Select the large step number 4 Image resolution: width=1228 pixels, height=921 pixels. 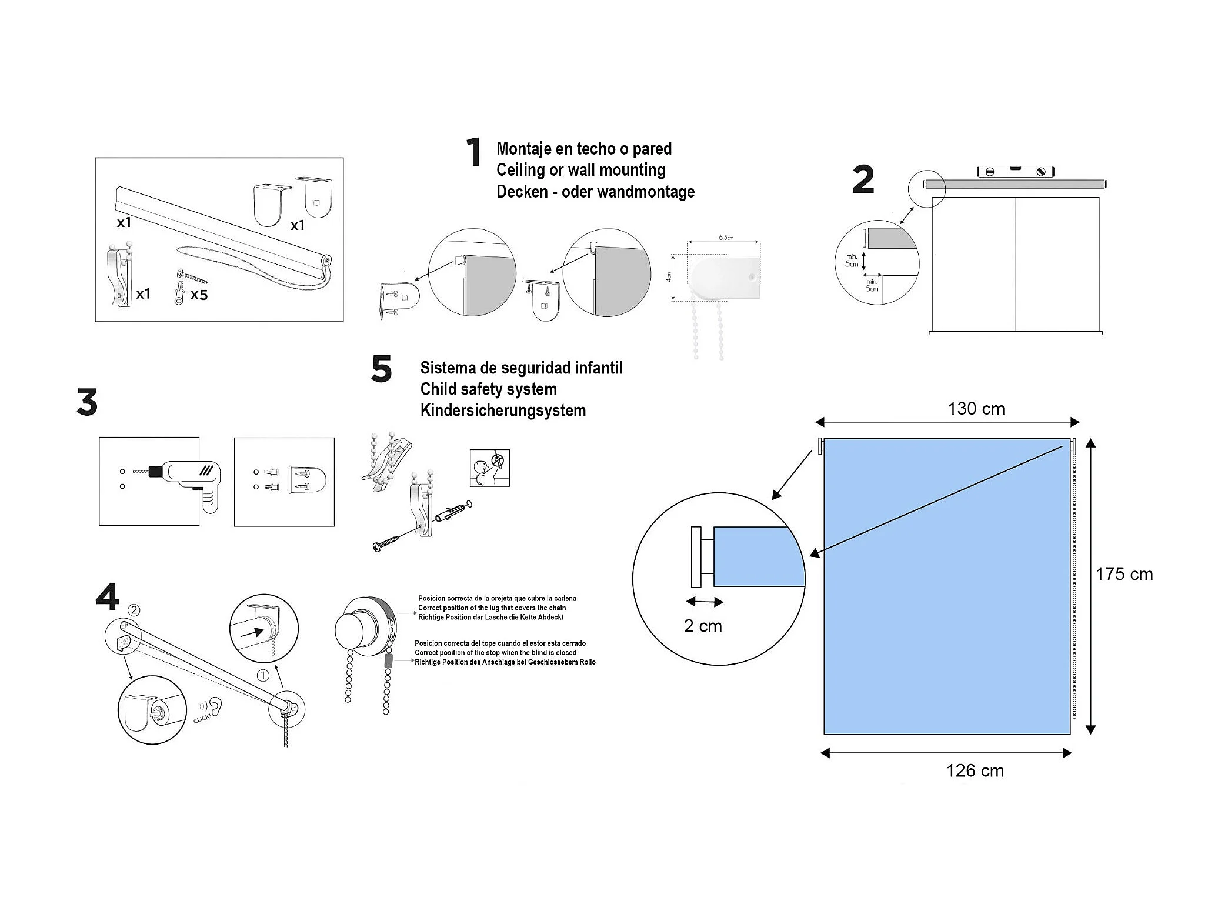107,597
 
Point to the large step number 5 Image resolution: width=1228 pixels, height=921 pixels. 381,369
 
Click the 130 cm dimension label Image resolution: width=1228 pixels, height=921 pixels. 976,409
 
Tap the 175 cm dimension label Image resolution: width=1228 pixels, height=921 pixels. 1124,574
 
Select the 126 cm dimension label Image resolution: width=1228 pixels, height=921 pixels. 975,770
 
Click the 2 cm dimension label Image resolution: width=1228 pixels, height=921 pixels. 703,626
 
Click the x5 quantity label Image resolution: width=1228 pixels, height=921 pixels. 199,295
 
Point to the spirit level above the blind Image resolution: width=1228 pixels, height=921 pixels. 1015,172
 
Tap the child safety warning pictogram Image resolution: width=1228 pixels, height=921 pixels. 489,468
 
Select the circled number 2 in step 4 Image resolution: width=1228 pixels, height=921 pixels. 134,610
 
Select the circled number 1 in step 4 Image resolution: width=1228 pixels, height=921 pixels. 263,676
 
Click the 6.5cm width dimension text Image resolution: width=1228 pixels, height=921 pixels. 726,238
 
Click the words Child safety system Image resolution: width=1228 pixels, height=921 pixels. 488,389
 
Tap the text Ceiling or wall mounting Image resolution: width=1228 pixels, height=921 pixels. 580,170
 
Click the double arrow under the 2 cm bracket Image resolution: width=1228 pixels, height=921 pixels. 704,602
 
